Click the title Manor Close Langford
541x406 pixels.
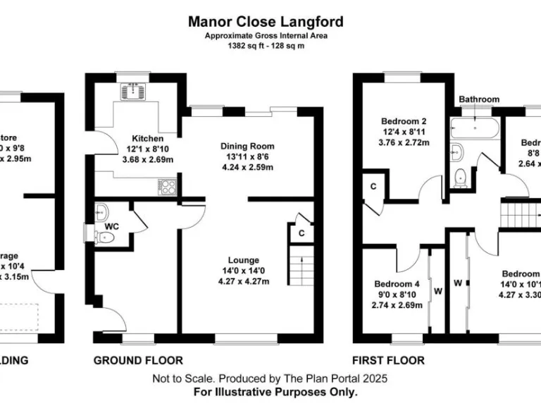pyautogui.click(x=266, y=21)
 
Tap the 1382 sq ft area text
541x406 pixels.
pyautogui.click(x=266, y=46)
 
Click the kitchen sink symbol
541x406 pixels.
pyautogui.click(x=133, y=90)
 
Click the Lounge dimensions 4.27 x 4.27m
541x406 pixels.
pyautogui.click(x=244, y=282)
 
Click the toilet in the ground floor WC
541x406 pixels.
pyautogui.click(x=103, y=237)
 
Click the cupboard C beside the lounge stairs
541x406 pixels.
pyautogui.click(x=301, y=233)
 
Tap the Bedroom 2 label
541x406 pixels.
pyautogui.click(x=400, y=121)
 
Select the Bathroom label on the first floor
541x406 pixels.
pyautogui.click(x=479, y=99)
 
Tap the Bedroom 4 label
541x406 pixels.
pyautogui.click(x=397, y=284)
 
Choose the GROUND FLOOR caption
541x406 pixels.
pyautogui.click(x=138, y=360)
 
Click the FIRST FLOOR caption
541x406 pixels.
pyautogui.click(x=390, y=360)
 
